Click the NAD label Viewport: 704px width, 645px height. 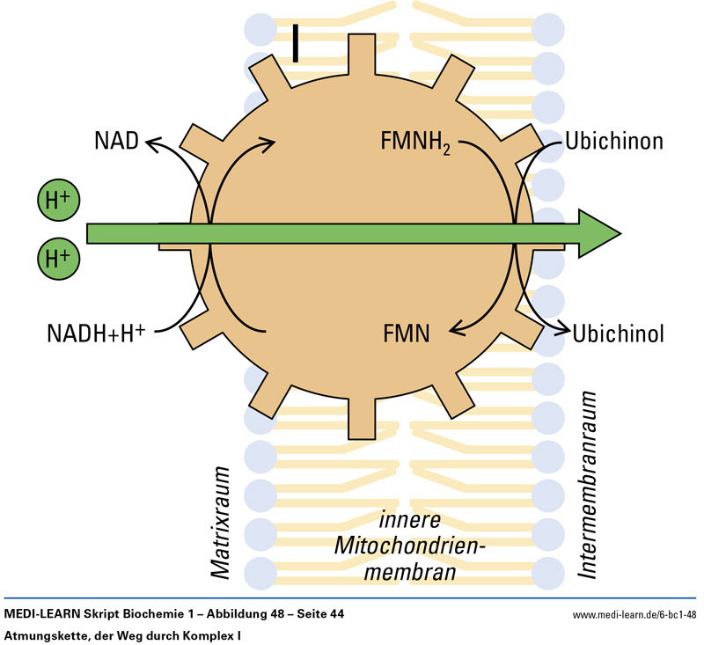116,141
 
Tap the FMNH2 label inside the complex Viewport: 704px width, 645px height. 416,141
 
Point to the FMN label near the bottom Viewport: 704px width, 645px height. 406,333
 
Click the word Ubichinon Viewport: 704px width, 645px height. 614,141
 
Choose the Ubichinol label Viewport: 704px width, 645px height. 618,334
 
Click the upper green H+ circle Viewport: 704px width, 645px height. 59,202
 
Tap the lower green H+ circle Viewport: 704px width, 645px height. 59,258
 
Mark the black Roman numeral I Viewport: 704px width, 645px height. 296,43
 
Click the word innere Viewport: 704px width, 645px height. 410,519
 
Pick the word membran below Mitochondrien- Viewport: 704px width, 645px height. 410,573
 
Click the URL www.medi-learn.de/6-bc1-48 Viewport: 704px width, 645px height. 634,614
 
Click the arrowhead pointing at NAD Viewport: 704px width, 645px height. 151,142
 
